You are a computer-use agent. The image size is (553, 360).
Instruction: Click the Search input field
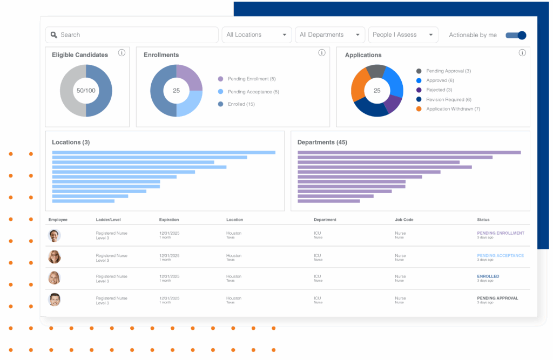coord(132,35)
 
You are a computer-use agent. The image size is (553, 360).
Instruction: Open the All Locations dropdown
coord(257,35)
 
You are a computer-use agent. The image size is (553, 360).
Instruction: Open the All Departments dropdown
coord(329,35)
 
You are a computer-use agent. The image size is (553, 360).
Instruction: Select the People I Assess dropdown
coord(403,35)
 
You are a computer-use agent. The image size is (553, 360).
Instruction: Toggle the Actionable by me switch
coord(516,35)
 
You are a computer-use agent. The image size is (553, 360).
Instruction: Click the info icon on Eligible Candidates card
coord(122,53)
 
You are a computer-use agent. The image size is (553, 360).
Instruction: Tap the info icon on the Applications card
coord(522,53)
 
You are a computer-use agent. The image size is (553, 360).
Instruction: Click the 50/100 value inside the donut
coord(85,91)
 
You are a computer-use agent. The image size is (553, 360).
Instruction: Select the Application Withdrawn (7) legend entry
coord(453,109)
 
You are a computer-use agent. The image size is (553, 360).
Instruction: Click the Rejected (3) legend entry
coord(439,90)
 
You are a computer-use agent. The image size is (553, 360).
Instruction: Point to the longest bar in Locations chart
coord(164,153)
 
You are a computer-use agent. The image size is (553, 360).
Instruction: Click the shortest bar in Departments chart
coord(328,201)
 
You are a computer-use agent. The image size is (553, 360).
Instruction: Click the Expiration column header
coord(169,220)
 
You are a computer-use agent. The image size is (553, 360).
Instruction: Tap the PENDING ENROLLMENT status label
coord(501,233)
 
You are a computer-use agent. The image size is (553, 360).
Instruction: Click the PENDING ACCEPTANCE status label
coord(501,255)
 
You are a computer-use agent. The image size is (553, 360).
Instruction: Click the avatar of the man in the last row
coord(54,300)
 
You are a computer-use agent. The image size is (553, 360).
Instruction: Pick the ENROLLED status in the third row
coord(488,276)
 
